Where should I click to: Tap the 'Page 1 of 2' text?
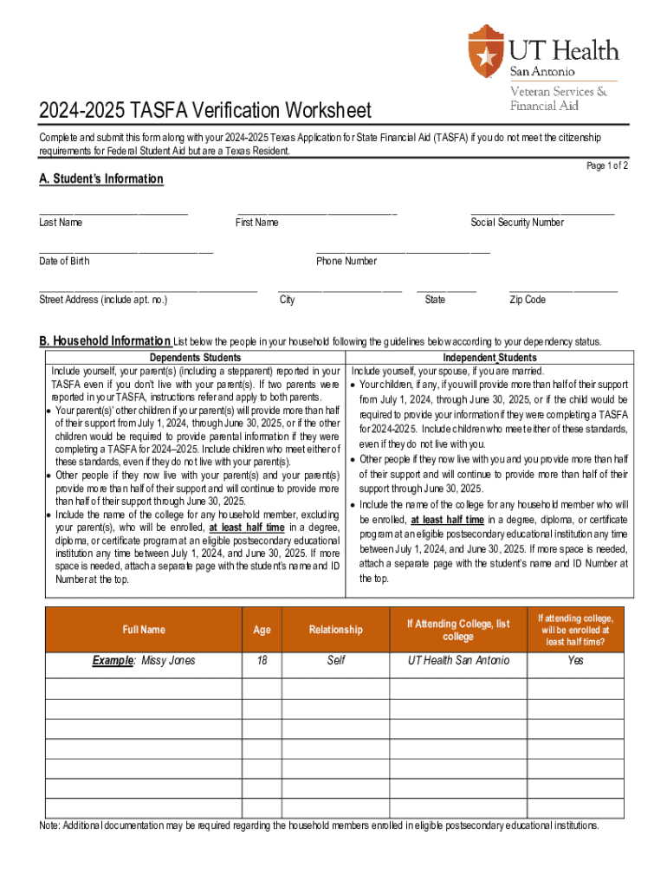tap(607, 165)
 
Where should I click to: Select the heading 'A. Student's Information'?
tap(100, 178)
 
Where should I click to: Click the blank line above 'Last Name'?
tap(113, 210)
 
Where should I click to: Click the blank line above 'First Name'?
tap(317, 210)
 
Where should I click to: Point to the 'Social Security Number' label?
tap(517, 223)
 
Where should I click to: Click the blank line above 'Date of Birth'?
tap(126, 249)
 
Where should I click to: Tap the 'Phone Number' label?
tap(346, 261)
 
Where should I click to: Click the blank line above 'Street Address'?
tap(148, 288)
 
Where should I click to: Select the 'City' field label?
tap(287, 300)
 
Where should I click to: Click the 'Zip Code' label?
tap(528, 300)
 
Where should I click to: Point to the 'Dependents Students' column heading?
tap(195, 358)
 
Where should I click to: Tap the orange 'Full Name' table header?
tap(144, 630)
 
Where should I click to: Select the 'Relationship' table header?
tap(336, 630)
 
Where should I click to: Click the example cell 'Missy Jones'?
tap(145, 660)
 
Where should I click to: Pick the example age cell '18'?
tap(262, 660)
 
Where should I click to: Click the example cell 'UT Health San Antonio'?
tap(459, 660)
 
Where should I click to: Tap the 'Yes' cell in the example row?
tap(576, 660)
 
